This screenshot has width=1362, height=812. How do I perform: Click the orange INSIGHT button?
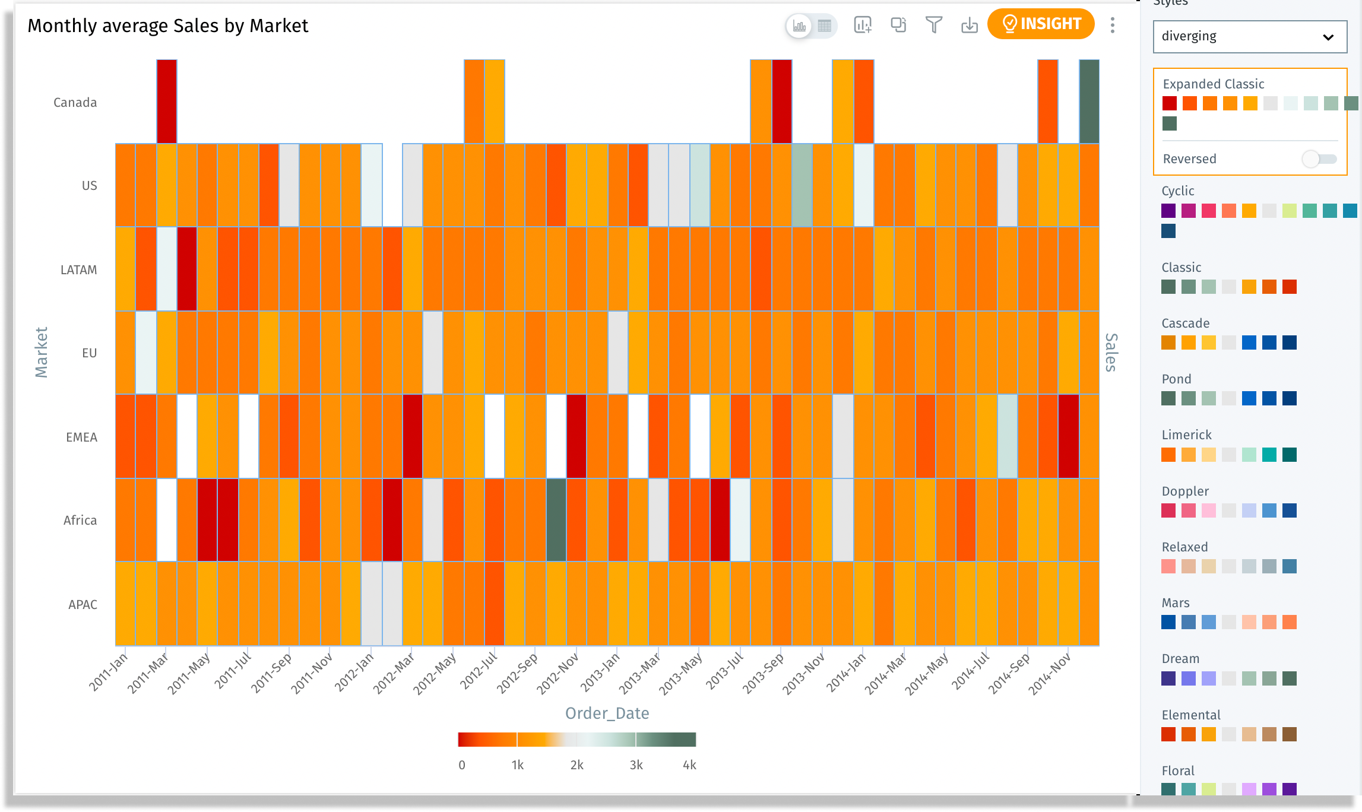[x=1041, y=24]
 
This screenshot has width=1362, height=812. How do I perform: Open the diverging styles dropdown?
[x=1249, y=37]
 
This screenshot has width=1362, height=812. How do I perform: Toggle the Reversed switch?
[x=1319, y=159]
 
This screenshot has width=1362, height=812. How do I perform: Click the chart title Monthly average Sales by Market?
[x=167, y=26]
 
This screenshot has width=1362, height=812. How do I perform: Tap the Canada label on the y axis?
[x=75, y=103]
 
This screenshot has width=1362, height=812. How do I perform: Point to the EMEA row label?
[x=81, y=437]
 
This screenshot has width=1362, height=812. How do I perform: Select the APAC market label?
[x=83, y=605]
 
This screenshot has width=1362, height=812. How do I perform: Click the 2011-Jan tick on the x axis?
[x=109, y=672]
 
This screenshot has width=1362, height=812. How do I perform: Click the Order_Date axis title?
[x=607, y=713]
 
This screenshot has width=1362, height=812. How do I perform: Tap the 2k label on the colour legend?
[x=577, y=765]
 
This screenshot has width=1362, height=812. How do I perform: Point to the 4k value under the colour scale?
[x=689, y=765]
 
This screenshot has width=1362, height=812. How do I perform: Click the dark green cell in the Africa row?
[x=556, y=520]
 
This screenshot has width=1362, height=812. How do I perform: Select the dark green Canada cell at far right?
[x=1089, y=101]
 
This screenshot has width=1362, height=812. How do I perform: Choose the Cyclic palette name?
[x=1178, y=191]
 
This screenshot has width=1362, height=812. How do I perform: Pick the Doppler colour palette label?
[x=1185, y=491]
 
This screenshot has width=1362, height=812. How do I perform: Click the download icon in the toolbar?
[x=969, y=25]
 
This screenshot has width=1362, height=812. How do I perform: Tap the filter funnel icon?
[x=933, y=25]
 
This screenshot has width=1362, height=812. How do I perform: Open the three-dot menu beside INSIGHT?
[x=1112, y=25]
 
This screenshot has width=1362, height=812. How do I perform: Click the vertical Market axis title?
[x=41, y=352]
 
